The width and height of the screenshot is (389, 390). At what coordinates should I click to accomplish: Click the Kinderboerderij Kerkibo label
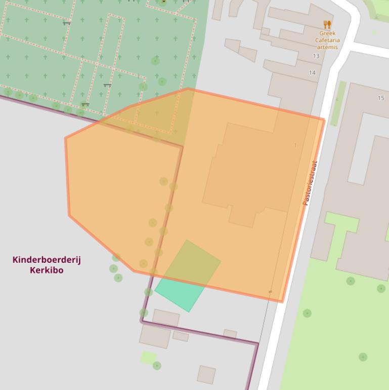[x=47, y=265]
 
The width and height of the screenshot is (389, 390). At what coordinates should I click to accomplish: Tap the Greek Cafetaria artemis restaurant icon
[x=327, y=24]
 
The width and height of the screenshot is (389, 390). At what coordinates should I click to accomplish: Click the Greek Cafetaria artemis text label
[x=327, y=40]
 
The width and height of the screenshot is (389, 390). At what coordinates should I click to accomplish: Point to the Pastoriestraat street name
[x=310, y=183]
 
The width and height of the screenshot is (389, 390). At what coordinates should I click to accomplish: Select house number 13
[x=316, y=56]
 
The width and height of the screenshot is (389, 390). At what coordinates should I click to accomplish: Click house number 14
[x=312, y=73]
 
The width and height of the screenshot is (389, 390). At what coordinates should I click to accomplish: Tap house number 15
[x=381, y=98]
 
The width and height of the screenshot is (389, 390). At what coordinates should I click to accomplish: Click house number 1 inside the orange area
[x=295, y=145]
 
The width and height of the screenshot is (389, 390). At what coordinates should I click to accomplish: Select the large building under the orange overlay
[x=248, y=172]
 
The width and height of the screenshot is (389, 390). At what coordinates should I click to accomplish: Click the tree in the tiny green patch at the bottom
[x=157, y=365]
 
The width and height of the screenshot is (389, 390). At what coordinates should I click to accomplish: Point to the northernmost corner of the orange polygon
[x=188, y=89]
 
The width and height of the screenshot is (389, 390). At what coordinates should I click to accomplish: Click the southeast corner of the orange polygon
[x=282, y=302]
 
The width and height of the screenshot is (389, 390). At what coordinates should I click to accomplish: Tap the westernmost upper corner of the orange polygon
[x=66, y=138]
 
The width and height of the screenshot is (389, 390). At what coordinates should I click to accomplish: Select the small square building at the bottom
[x=206, y=375]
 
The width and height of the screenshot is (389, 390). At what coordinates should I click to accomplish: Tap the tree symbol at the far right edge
[x=381, y=288]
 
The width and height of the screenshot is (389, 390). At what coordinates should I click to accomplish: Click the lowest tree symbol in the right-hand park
[x=363, y=357]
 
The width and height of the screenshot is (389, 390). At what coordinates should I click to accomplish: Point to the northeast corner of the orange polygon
[x=324, y=120]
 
